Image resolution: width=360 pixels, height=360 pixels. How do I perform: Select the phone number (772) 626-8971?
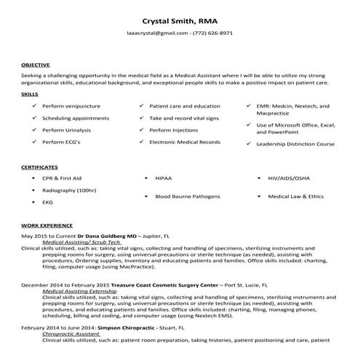point(211,33)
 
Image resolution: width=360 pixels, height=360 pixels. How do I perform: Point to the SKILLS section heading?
point(30,95)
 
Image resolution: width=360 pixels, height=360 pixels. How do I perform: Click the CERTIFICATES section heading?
point(40,167)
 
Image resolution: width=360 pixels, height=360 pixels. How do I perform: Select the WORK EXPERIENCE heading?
point(47,226)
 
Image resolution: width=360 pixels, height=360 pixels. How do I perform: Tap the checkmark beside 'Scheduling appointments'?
point(34,118)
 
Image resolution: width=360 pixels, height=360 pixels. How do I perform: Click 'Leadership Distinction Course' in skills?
point(296,144)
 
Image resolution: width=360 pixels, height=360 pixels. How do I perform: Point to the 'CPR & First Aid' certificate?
point(62,178)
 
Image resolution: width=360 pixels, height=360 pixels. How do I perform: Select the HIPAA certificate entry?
point(163,178)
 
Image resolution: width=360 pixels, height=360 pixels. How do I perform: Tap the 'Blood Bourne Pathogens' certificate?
point(187,196)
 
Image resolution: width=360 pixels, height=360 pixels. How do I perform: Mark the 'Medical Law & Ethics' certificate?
point(295,196)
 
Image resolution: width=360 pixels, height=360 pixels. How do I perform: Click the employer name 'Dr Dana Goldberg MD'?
point(108,236)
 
